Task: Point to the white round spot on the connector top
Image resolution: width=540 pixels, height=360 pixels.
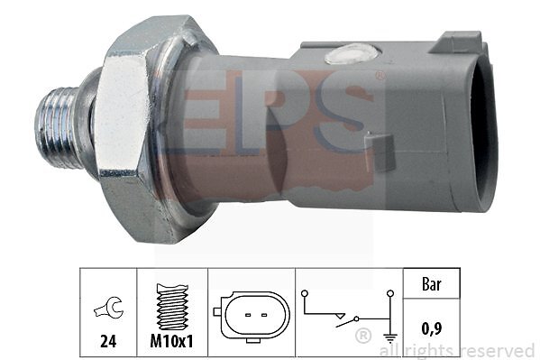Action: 352,53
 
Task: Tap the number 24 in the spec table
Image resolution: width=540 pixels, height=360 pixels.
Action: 108,341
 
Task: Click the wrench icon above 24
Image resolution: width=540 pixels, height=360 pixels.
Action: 108,308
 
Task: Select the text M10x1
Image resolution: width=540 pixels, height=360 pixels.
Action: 172,341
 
